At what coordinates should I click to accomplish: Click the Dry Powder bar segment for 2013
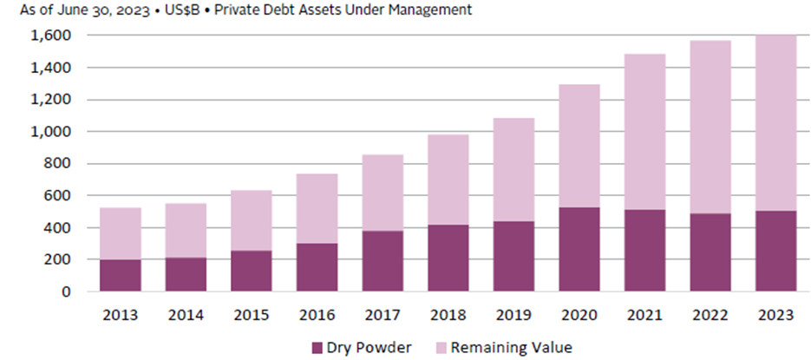tap(120, 275)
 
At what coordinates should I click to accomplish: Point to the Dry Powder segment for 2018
tap(448, 258)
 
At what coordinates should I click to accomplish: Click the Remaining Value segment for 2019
tap(513, 169)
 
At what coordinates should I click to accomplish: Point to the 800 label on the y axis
tap(62, 164)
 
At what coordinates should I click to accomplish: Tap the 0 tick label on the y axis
tap(69, 292)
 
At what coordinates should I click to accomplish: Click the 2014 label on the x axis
tap(186, 314)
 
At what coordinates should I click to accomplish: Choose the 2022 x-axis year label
tap(710, 314)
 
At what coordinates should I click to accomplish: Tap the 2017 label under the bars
tap(383, 314)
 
